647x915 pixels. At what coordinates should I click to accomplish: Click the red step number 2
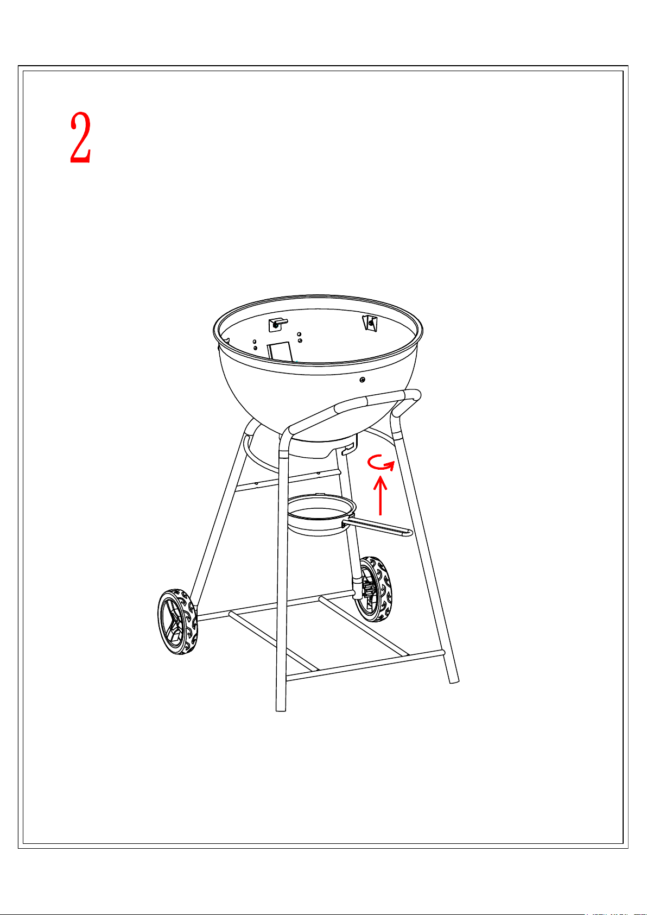coord(80,137)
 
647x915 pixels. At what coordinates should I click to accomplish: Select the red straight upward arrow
coord(380,496)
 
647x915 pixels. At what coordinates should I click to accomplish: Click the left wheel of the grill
coord(177,622)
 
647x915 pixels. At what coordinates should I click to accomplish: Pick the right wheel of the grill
coord(372,589)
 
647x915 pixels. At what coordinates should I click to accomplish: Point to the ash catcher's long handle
coord(378,527)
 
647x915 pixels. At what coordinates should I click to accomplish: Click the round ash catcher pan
coord(321,515)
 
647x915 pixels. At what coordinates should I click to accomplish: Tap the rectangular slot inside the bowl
coord(280,352)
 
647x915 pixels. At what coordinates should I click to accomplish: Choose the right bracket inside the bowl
coord(370,323)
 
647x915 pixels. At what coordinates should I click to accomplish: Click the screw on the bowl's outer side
coord(362,380)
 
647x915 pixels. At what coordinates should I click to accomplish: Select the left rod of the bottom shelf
coord(274,641)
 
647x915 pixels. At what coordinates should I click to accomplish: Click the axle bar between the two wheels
coord(274,605)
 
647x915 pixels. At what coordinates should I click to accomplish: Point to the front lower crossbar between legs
coord(365,666)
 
